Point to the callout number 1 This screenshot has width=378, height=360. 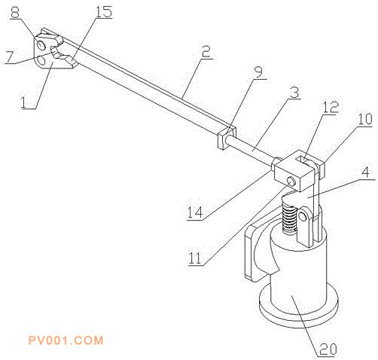point(24,103)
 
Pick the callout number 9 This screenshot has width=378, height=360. point(258,72)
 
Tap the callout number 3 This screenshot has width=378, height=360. point(294,93)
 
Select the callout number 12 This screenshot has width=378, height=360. point(331,108)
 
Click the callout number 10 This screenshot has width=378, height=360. point(365,120)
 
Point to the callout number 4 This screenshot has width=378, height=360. point(367,172)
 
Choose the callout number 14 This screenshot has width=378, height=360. point(195,213)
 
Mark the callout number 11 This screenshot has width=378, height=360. point(195,258)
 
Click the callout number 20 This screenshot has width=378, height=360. point(327,349)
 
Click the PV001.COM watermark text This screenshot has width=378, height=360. point(66,340)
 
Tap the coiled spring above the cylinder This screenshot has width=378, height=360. point(289,218)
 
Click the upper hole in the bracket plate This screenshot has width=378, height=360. point(41,44)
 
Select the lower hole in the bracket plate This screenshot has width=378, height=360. point(40,60)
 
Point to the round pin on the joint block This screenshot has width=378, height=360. point(291,182)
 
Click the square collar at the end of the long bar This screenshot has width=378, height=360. point(227,138)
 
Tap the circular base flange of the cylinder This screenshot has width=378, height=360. point(299,308)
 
